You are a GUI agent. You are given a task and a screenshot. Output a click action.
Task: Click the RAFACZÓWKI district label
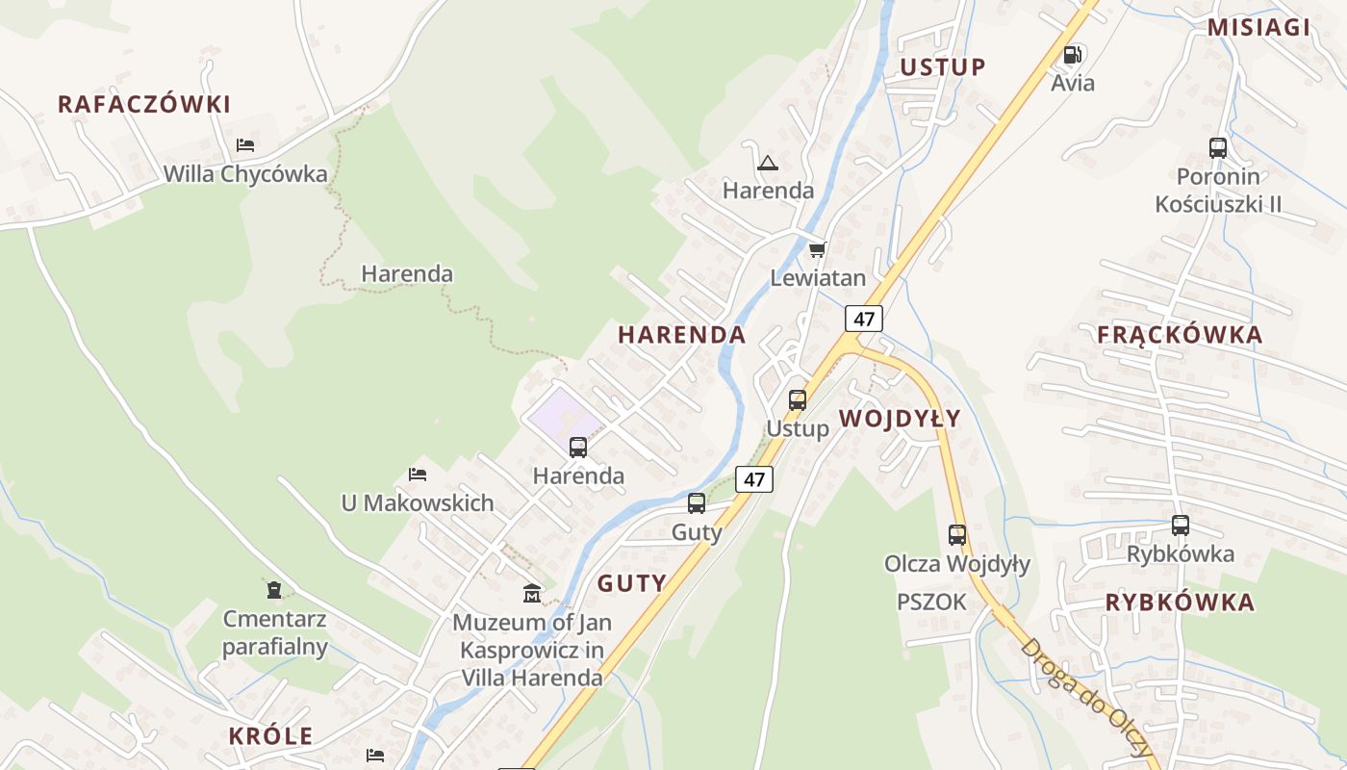(x=144, y=104)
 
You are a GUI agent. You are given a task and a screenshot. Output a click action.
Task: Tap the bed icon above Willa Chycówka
(x=245, y=145)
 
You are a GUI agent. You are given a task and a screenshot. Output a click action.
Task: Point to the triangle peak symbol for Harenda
(x=767, y=163)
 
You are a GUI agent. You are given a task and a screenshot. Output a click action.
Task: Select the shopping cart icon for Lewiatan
(x=817, y=250)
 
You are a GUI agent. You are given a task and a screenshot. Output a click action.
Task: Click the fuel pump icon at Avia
(x=1073, y=55)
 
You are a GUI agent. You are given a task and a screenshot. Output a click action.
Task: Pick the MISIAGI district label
(x=1258, y=27)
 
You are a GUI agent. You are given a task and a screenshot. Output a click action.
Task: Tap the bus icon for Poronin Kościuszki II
(x=1218, y=148)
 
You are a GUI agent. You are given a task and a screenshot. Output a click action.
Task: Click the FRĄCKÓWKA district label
(x=1180, y=335)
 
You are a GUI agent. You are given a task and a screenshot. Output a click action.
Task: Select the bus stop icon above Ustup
(x=798, y=399)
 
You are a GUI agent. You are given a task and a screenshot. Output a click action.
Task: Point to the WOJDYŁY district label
(x=900, y=418)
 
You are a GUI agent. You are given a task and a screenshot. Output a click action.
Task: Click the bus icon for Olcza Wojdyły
(x=957, y=535)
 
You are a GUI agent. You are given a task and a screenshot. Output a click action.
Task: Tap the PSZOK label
(x=931, y=602)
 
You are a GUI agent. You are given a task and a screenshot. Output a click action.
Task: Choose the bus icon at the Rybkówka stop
(x=1181, y=526)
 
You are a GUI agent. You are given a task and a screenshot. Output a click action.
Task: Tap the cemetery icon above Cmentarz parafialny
(x=274, y=589)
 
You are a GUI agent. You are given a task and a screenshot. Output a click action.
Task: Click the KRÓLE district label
(x=270, y=736)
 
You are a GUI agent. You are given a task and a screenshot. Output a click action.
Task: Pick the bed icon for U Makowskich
(x=418, y=475)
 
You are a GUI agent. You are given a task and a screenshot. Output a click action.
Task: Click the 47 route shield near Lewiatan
(x=865, y=319)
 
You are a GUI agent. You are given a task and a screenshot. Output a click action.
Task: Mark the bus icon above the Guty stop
(x=697, y=503)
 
